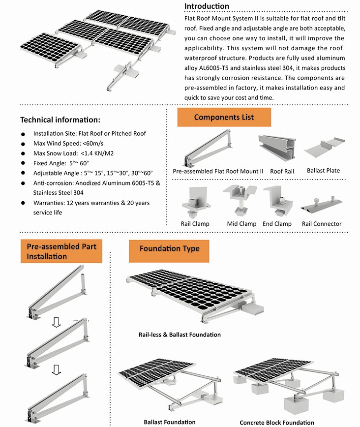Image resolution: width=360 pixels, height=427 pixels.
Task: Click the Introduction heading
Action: [207, 6]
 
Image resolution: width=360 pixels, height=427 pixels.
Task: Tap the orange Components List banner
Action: [224, 118]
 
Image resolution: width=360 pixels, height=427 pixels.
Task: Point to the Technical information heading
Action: [60, 120]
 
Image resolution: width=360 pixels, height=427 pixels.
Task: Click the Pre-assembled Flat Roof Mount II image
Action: [212, 147]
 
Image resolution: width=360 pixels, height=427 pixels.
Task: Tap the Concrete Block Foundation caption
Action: [276, 423]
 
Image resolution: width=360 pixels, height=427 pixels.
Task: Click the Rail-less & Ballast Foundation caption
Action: [180, 335]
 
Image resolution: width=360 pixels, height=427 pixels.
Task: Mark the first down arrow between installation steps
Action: [56, 322]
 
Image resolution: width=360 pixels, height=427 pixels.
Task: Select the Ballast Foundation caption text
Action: [169, 422]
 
